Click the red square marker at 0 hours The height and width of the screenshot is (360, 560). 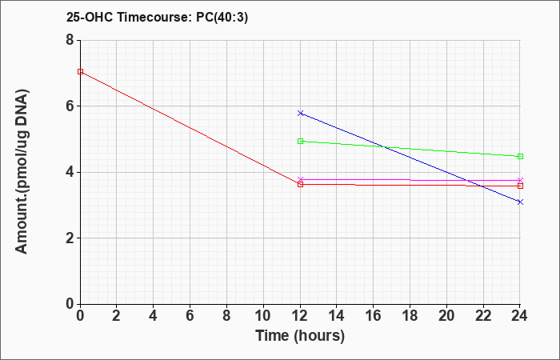[x=80, y=71]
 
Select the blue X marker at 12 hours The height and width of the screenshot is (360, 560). [x=300, y=114]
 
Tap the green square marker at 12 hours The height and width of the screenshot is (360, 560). [x=300, y=141]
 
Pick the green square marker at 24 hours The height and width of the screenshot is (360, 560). [x=520, y=157]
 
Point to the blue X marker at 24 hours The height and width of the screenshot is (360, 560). [x=520, y=202]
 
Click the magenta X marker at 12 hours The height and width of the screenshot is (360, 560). [x=300, y=179]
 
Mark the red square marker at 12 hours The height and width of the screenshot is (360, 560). [x=300, y=184]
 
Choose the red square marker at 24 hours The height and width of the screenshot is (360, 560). [x=520, y=186]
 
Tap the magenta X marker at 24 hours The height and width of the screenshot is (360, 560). [x=520, y=180]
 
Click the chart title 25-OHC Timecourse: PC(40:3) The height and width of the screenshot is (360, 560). [x=157, y=18]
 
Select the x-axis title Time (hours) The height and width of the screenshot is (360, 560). [x=300, y=336]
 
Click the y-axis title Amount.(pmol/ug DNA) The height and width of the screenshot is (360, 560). [x=22, y=172]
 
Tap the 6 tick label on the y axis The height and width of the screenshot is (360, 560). [x=70, y=106]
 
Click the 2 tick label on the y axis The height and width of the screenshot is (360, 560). [x=70, y=238]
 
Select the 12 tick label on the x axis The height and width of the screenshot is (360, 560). [x=300, y=316]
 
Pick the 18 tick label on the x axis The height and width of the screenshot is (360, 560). [x=410, y=316]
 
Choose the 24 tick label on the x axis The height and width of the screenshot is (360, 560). [x=520, y=316]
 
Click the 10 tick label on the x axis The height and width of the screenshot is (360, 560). [x=263, y=316]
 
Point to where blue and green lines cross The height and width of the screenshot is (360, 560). [x=384, y=146]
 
